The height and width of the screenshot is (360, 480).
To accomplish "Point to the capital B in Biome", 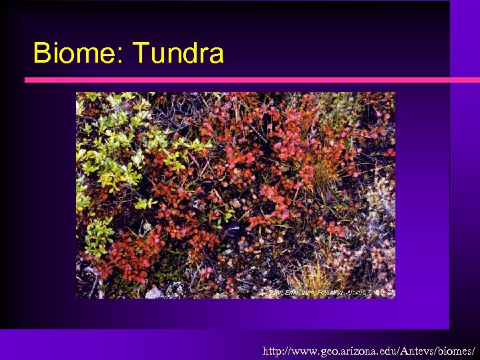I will pos(42,53).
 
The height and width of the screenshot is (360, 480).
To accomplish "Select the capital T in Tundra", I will pos(141,53).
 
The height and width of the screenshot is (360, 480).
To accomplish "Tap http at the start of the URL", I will pos(273,350).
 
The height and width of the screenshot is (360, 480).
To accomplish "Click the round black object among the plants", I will pos(233,230).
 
